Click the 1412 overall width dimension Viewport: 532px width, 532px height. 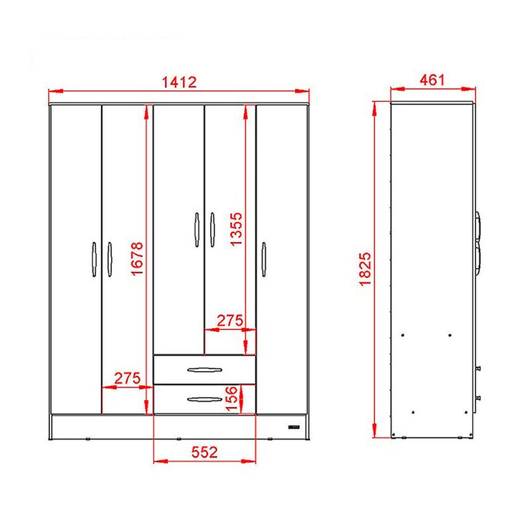(179, 82)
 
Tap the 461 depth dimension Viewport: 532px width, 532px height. (432, 80)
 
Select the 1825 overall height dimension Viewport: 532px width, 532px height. (365, 269)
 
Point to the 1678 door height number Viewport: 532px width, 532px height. (137, 259)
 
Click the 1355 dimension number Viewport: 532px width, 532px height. (236, 229)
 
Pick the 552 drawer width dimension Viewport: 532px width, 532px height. (204, 452)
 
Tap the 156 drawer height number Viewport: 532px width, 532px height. (231, 398)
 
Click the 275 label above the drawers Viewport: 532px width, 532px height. (230, 321)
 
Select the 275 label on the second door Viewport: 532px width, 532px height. (127, 378)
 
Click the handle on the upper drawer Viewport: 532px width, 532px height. (205, 370)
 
